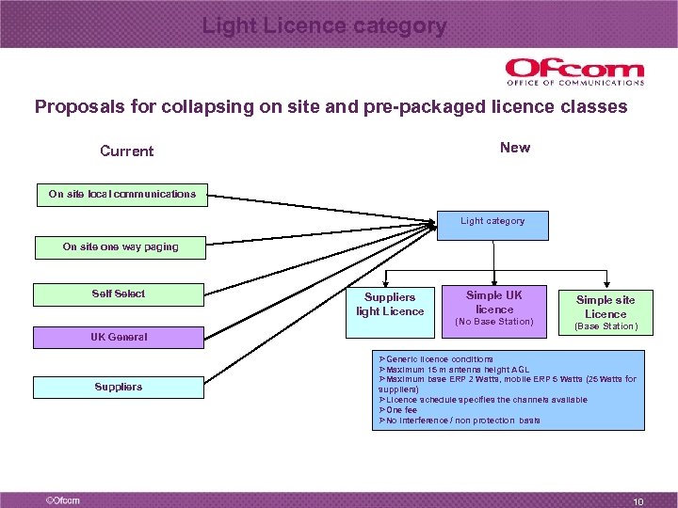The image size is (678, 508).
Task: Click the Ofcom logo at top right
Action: (574, 71)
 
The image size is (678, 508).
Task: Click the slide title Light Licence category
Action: (324, 26)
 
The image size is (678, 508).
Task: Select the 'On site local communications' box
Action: (122, 194)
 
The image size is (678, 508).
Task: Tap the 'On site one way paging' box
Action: (120, 246)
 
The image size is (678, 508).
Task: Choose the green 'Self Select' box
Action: (119, 294)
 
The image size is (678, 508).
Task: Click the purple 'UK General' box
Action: (119, 337)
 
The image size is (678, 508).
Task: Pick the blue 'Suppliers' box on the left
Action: (119, 387)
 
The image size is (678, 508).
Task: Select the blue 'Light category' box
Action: (492, 221)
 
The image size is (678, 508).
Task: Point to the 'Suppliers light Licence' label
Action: (390, 304)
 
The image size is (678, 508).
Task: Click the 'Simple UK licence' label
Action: (494, 302)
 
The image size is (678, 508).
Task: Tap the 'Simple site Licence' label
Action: (605, 307)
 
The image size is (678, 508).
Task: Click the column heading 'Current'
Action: (127, 151)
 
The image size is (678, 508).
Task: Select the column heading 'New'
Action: (515, 148)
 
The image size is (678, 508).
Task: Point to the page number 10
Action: (638, 502)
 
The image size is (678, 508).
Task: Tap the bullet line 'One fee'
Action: (399, 410)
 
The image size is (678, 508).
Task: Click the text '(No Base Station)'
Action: (494, 322)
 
